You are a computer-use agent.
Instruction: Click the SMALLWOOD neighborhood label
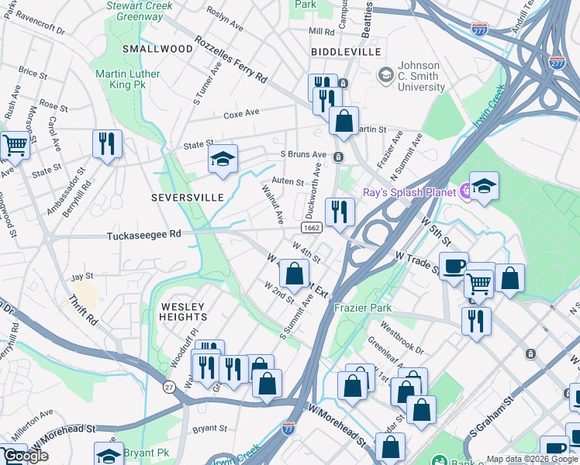[157, 48]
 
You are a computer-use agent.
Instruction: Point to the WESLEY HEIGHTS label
[184, 312]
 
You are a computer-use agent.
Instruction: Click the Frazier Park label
[364, 308]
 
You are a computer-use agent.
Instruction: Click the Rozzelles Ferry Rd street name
[230, 59]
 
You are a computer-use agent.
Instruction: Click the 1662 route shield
[312, 227]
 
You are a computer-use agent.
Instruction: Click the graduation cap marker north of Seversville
[223, 159]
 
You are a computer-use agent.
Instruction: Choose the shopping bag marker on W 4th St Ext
[294, 273]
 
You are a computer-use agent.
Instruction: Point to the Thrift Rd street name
[81, 309]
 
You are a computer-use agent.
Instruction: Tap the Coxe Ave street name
[241, 113]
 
